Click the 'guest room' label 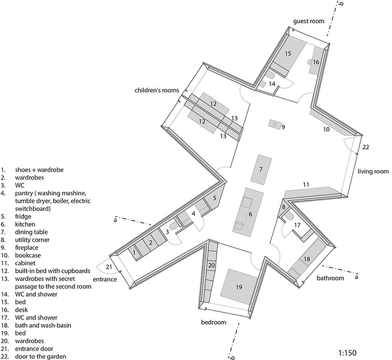(309, 21)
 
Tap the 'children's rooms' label (157, 90)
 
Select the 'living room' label (373, 171)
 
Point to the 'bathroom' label (330, 278)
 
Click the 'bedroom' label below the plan (213, 322)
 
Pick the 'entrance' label (105, 279)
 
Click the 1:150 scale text (348, 353)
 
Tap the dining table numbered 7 (261, 170)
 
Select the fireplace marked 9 (275, 124)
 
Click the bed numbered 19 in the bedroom (239, 287)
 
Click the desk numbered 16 (316, 60)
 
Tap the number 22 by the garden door (366, 147)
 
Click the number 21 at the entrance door (109, 267)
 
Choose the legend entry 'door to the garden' (40, 356)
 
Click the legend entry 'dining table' (31, 232)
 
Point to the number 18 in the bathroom (307, 259)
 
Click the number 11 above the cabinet (306, 185)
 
